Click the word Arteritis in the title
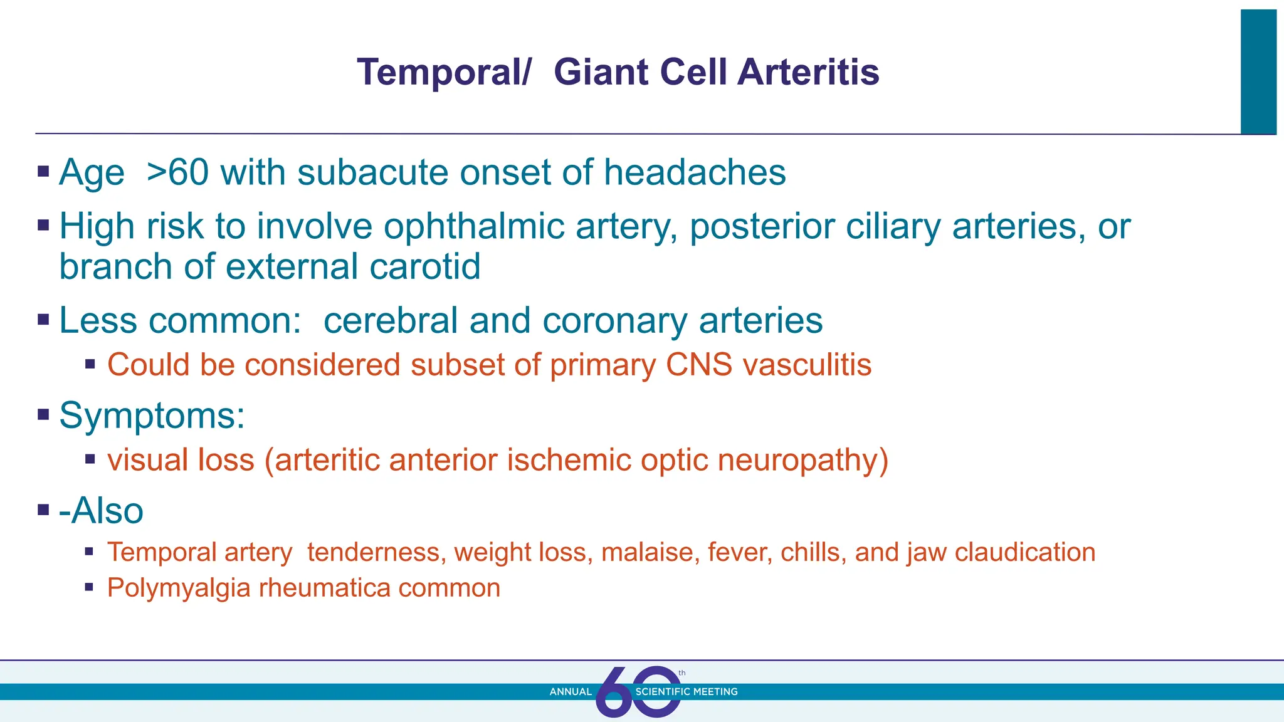[808, 72]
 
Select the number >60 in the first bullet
[177, 172]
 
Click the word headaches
[695, 172]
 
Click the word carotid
[425, 267]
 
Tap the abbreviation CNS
[699, 365]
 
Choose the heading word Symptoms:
[152, 416]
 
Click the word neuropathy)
[803, 461]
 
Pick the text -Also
[101, 511]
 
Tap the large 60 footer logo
[638, 692]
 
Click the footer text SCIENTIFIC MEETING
[687, 692]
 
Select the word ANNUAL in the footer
[571, 692]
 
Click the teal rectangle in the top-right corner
[1258, 72]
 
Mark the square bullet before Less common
[43, 320]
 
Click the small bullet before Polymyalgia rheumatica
[90, 588]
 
